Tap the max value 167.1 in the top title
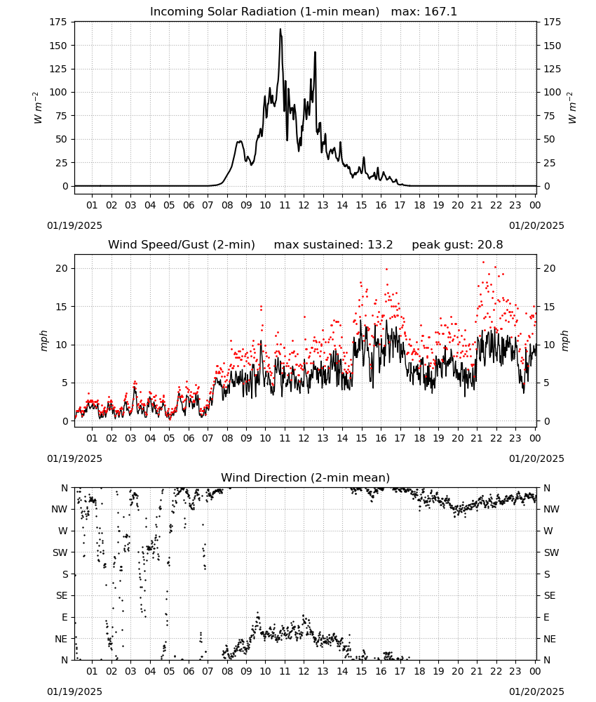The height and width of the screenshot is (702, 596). (x=440, y=12)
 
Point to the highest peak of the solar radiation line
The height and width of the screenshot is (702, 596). (x=280, y=29)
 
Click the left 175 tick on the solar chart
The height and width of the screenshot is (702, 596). (x=59, y=22)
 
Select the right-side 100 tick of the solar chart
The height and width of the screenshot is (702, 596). (x=553, y=92)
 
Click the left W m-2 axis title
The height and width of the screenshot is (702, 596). (x=38, y=108)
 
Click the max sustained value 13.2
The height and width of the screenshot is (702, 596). (x=380, y=245)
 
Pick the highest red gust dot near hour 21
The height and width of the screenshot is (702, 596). (x=483, y=263)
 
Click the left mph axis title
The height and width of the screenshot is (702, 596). (x=43, y=340)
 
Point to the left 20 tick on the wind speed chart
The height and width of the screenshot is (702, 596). (x=62, y=268)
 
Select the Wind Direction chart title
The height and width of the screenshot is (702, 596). (x=306, y=477)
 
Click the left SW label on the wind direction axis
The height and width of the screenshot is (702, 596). (x=60, y=552)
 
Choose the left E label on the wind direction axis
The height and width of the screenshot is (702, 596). (x=65, y=617)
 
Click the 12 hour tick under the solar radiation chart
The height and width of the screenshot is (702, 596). (x=304, y=206)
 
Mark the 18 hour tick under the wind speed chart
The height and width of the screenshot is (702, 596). (x=419, y=438)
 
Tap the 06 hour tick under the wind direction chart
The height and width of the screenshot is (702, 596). (x=188, y=671)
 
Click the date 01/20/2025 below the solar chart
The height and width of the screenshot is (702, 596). (x=536, y=225)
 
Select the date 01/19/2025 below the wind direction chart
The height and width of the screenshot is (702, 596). (x=74, y=691)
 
